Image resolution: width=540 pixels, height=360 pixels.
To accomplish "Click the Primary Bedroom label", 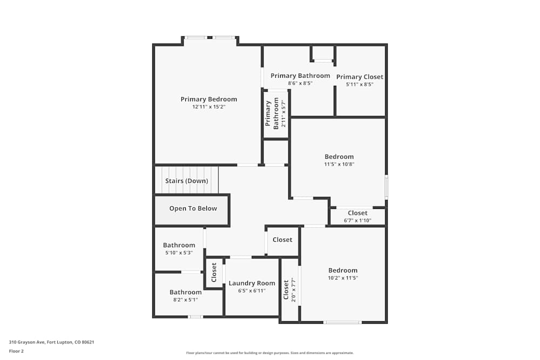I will (208, 99).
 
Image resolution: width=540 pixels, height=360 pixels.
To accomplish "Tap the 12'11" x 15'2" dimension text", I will (208, 107).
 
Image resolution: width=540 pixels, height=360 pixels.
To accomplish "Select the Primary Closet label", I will (360, 77).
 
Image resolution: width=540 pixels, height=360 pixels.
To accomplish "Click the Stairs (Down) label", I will (186, 181).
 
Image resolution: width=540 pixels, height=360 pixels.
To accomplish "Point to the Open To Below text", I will (193, 209).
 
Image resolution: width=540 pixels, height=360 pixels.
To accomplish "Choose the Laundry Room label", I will (252, 283).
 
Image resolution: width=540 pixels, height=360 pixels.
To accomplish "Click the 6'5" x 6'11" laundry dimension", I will (252, 291).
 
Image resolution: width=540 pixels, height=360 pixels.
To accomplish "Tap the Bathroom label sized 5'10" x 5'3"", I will (179, 245).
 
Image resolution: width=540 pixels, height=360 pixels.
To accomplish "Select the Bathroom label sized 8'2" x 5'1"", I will (185, 293).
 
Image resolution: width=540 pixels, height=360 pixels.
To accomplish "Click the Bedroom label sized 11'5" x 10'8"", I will (339, 157).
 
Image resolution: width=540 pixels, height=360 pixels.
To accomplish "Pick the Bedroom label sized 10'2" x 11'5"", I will (343, 270).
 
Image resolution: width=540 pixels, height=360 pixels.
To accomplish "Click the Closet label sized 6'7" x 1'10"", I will (357, 213).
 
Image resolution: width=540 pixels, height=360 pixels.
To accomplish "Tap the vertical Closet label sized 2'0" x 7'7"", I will (286, 290).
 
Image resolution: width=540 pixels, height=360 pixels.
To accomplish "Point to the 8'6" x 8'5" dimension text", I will (300, 84).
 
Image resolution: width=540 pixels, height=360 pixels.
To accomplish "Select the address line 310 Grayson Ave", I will (51, 342).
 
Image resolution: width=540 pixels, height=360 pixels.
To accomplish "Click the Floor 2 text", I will (16, 351).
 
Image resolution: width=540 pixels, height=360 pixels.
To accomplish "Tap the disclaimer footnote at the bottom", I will (270, 353).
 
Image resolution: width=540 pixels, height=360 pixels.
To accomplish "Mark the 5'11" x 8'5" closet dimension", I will (360, 84).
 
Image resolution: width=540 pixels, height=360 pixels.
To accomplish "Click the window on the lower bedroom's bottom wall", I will (342, 322).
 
